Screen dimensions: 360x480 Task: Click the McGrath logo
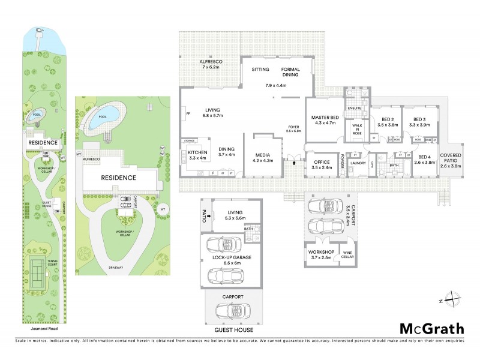(431, 328)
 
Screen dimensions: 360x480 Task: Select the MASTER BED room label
(323, 120)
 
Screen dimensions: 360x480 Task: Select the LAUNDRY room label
(358, 163)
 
